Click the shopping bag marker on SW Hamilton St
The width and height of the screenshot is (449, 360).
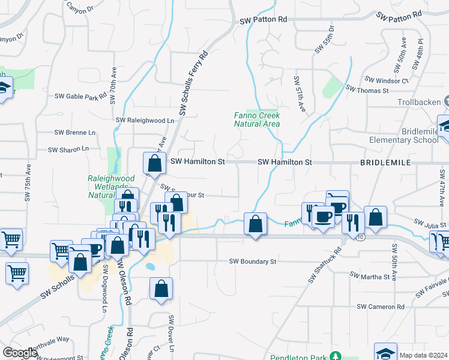[x=155, y=162]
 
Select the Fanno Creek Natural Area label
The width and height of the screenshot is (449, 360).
[x=257, y=119]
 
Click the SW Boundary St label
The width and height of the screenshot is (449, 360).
[x=253, y=262]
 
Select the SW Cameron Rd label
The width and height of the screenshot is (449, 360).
[x=380, y=307]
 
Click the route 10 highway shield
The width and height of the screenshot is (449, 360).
[x=360, y=238]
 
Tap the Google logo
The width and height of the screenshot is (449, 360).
[x=20, y=353]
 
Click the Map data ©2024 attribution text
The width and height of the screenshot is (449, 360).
[x=423, y=355]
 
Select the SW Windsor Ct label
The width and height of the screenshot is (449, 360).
[x=386, y=80]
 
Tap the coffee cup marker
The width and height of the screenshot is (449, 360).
[x=324, y=217]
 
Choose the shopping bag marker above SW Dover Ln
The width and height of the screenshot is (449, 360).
[x=161, y=289]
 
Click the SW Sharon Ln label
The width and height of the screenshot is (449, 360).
[x=68, y=149]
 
